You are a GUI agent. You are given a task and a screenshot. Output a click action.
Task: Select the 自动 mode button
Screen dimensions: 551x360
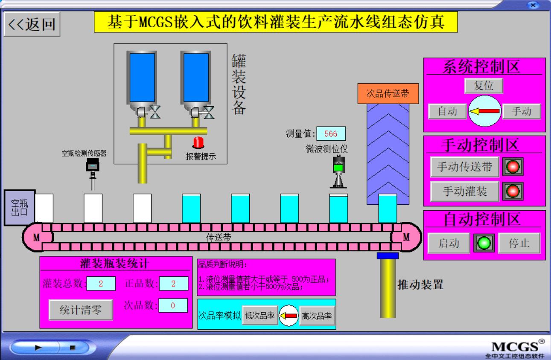click(447, 111)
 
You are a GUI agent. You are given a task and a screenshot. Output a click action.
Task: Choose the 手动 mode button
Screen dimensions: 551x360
click(521, 111)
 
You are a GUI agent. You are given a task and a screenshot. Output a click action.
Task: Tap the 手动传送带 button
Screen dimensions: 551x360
click(464, 167)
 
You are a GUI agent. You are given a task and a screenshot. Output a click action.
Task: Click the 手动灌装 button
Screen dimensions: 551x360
click(464, 191)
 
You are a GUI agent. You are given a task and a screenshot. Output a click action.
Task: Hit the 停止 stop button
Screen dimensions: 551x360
click(519, 243)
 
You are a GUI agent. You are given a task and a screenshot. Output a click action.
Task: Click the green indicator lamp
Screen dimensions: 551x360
click(484, 243)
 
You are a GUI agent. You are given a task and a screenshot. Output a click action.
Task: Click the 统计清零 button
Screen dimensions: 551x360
click(81, 309)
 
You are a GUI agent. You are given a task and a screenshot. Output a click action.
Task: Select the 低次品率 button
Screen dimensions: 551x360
click(259, 316)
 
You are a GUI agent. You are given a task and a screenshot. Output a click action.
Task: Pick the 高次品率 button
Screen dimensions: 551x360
click(317, 316)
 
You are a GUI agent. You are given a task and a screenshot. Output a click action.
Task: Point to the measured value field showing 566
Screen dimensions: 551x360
click(331, 134)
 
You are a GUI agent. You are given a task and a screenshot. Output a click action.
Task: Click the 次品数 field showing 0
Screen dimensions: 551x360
click(173, 305)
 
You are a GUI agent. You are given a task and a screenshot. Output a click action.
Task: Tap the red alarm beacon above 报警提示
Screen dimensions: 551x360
click(198, 142)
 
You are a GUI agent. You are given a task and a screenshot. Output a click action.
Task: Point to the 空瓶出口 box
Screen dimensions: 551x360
click(20, 207)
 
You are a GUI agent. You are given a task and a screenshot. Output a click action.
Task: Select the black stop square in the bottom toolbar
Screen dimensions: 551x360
click(72, 347)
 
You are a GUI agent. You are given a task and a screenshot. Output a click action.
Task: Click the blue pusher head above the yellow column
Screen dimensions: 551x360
click(388, 255)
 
